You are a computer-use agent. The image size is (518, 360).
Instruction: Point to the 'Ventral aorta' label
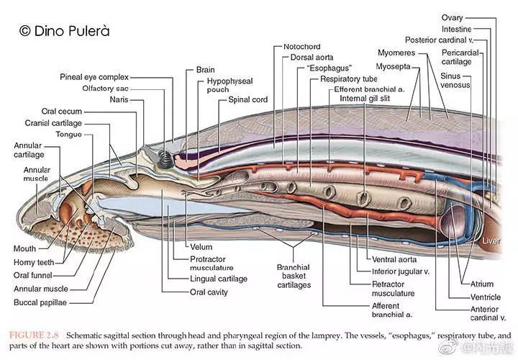[x=394, y=260]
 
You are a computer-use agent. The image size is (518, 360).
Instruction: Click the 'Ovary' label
[x=453, y=17]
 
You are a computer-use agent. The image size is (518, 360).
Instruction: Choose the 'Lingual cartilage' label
[x=219, y=279]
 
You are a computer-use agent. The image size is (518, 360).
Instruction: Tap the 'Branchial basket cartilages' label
[x=294, y=276]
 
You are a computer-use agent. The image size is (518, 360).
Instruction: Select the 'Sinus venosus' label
[x=455, y=79]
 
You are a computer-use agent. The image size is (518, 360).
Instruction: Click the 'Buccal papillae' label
[x=40, y=303]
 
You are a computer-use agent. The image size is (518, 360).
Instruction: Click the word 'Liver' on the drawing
[x=491, y=240]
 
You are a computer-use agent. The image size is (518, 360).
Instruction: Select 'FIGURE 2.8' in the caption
[x=32, y=336]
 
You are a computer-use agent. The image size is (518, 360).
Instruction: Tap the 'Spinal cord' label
[x=248, y=99]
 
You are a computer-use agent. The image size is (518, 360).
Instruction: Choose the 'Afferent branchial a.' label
[x=391, y=310]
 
